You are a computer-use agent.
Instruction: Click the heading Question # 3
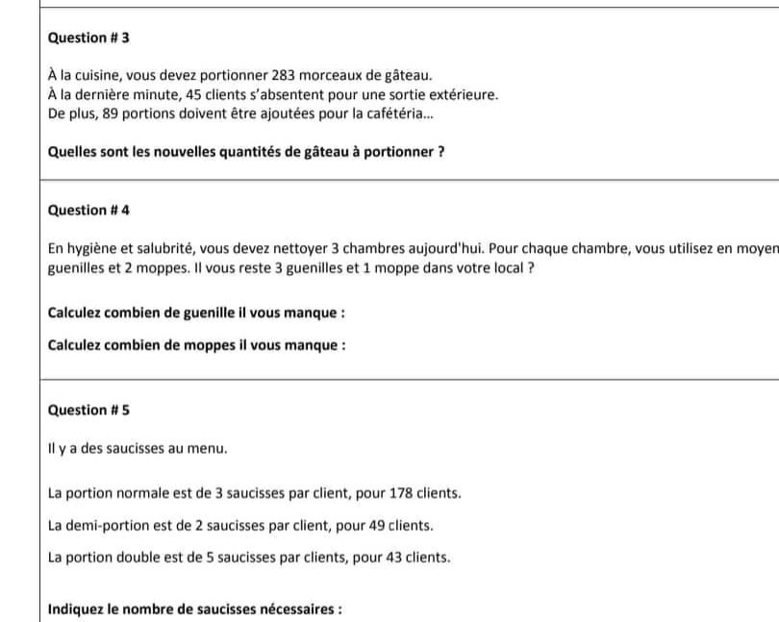coord(88,37)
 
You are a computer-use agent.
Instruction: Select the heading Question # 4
coord(88,210)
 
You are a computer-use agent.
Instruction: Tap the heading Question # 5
coord(88,410)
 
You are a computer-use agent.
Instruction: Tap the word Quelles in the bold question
coord(71,152)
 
